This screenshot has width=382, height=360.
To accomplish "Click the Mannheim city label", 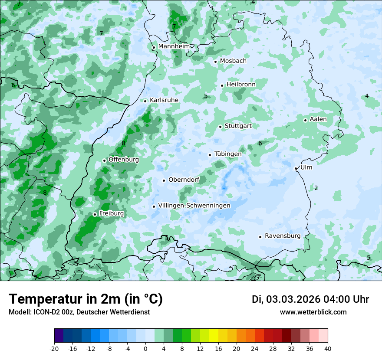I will coord(174,46).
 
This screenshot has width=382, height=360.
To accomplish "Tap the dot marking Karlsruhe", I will coord(145,101).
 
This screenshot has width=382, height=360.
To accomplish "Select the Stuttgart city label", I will coord(238,126).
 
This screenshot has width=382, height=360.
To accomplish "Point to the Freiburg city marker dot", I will coord(95,214).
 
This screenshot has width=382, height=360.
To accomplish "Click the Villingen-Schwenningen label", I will coord(194,206).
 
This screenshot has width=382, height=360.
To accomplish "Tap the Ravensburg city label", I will coord(283,236).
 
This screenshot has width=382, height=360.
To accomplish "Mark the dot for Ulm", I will coord(296,168).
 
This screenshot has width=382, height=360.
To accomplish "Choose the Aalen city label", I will coord(318,119).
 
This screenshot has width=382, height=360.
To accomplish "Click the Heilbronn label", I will coord(241,85).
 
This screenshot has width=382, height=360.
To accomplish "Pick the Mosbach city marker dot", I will coord(215,62).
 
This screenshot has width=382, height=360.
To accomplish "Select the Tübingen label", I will coord(228,154).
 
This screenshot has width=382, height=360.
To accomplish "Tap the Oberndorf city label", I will coord(184,180).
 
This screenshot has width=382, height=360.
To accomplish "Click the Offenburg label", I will coord(124,160).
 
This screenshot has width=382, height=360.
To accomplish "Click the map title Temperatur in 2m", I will coord(86,299).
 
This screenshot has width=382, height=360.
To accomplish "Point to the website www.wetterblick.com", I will coord(313,312).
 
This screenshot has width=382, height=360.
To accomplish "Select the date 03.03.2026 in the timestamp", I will coord(293,299).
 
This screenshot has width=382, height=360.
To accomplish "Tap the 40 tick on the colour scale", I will coord(328,349).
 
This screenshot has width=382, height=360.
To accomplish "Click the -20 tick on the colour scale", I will coord(54,349).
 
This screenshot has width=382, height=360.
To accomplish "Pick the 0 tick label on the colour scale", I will coord(145,349).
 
